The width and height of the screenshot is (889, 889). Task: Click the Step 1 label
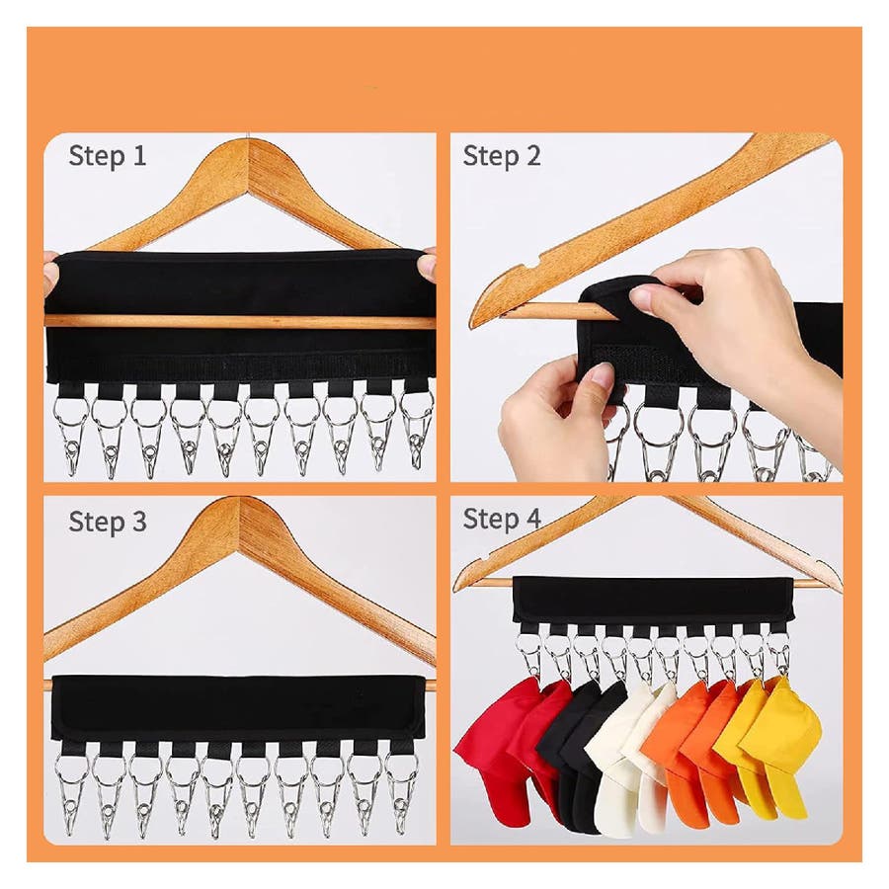pos(107,156)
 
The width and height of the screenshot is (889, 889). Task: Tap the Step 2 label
pos(502,156)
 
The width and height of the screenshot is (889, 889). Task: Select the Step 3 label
pos(108,522)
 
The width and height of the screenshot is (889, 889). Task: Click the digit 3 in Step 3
pos(139,521)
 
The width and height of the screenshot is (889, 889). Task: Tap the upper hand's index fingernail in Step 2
pos(642,294)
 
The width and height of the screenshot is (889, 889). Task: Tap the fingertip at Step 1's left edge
pos(51,275)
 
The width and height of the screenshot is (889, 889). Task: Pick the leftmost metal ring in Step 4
pos(529,646)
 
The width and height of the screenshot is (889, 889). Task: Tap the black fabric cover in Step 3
pos(238,707)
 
